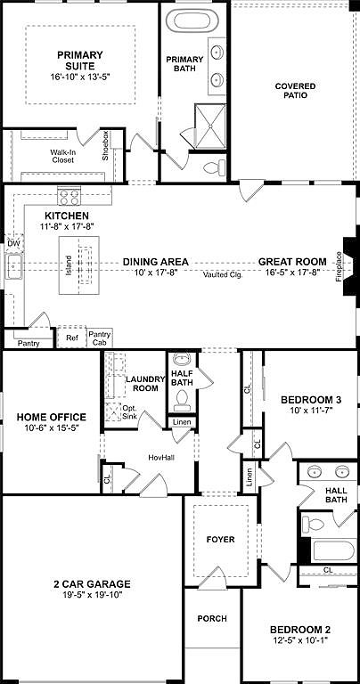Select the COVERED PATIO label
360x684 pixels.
click(295, 90)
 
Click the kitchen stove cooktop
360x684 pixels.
click(70, 196)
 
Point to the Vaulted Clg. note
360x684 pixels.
click(223, 274)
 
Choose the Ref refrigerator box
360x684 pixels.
click(72, 338)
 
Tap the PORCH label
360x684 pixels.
click(212, 618)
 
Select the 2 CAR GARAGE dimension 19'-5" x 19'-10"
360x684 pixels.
click(90, 598)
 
